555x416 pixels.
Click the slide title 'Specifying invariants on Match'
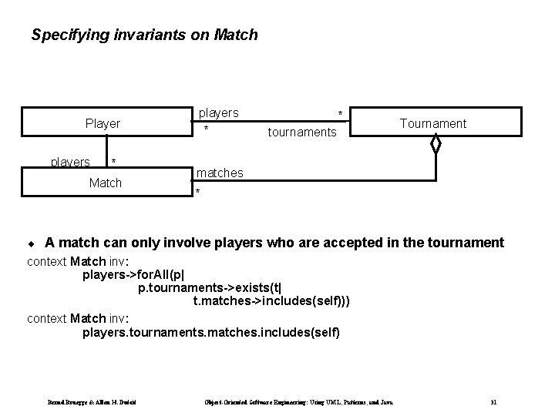pyautogui.click(x=144, y=35)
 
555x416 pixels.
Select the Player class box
pyautogui.click(x=103, y=123)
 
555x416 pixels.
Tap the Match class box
pyautogui.click(x=105, y=183)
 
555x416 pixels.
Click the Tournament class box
pyautogui.click(x=432, y=123)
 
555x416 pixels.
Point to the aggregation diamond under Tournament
pyautogui.click(x=436, y=143)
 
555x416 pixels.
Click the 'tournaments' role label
pyautogui.click(x=301, y=133)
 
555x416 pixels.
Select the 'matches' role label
pyautogui.click(x=220, y=173)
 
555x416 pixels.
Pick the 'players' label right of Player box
pyautogui.click(x=219, y=113)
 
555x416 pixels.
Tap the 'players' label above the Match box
pyautogui.click(x=70, y=162)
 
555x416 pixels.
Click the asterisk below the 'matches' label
pyautogui.click(x=198, y=191)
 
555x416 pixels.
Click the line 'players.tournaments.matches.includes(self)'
pyautogui.click(x=210, y=333)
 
